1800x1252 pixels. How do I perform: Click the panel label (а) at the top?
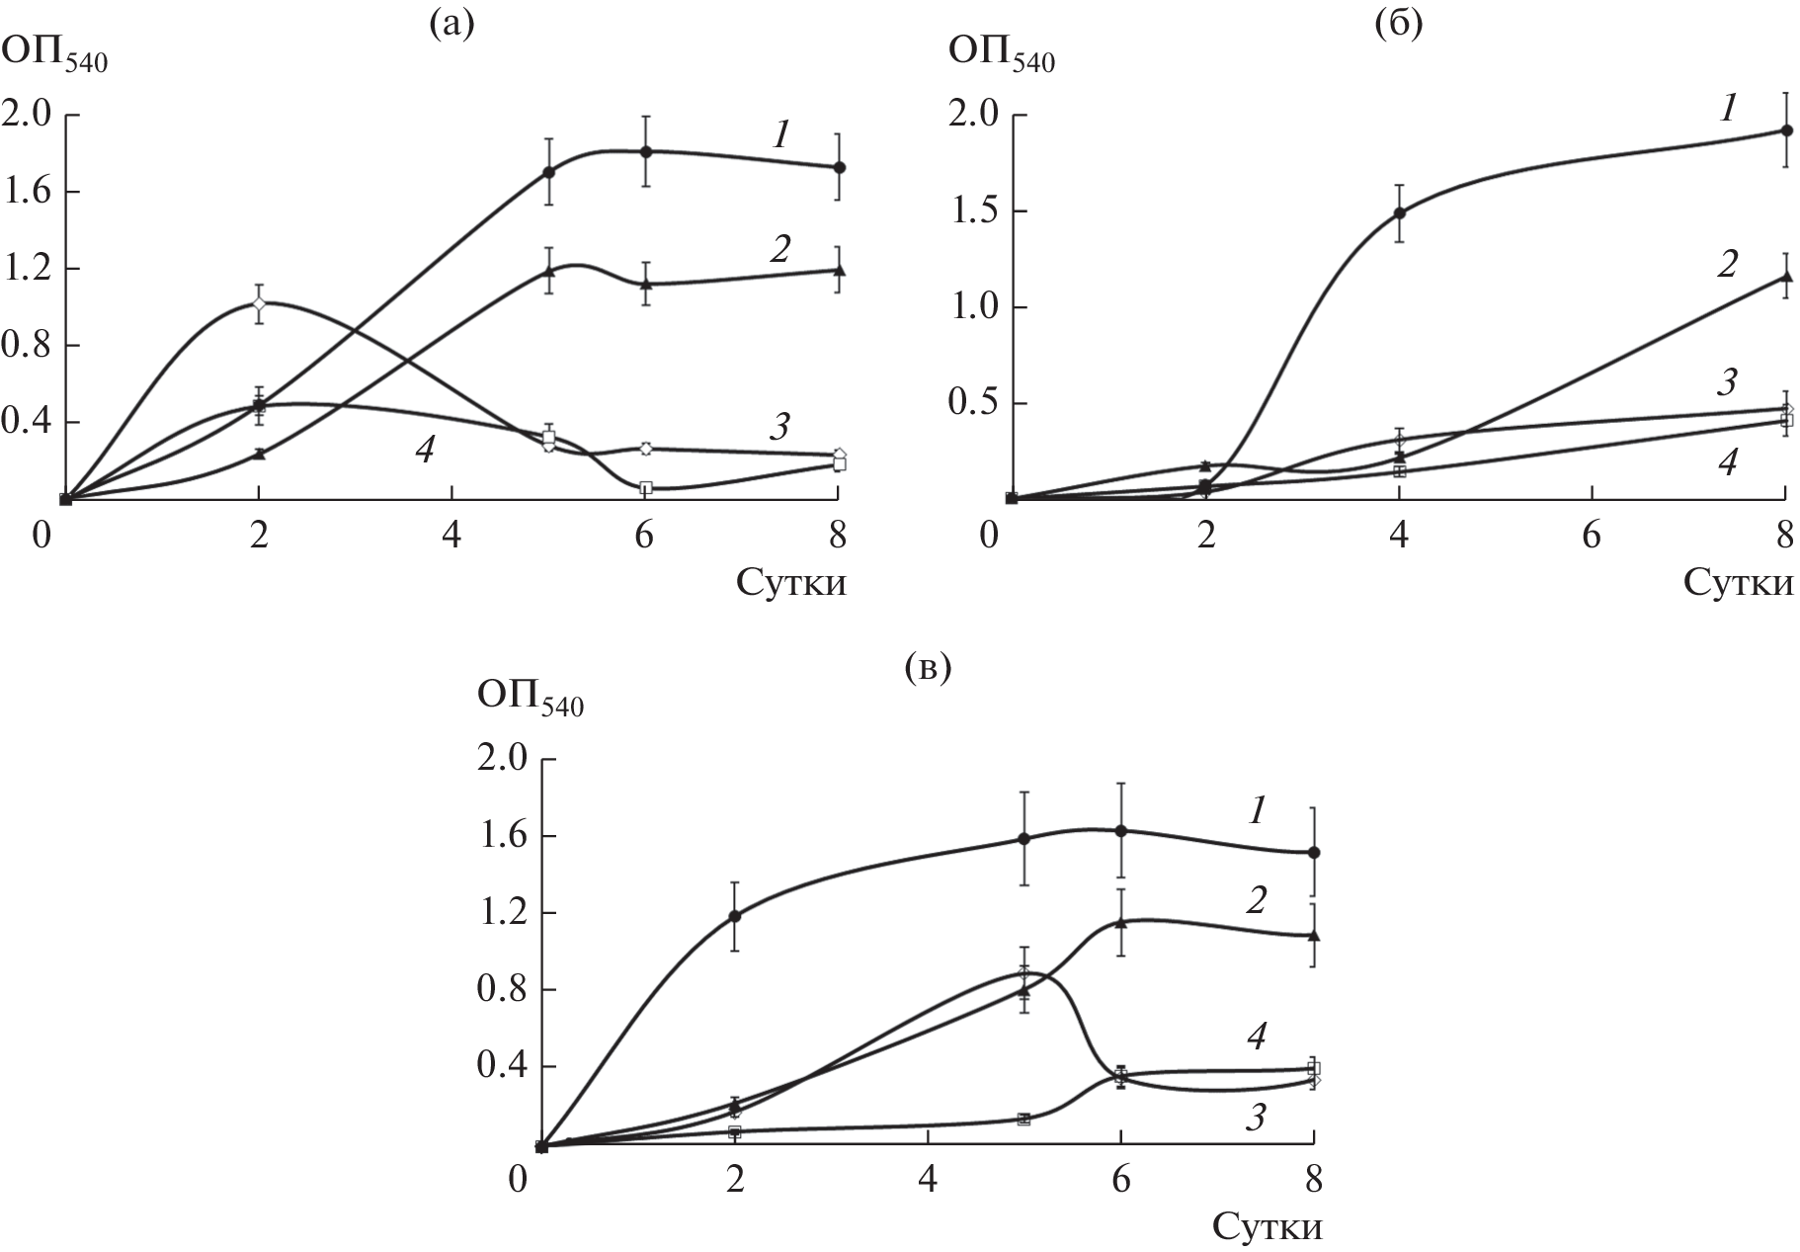(x=451, y=24)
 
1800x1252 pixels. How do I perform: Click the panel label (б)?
(x=1399, y=24)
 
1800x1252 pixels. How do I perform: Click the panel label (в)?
(x=927, y=669)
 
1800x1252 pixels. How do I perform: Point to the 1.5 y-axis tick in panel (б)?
(x=974, y=211)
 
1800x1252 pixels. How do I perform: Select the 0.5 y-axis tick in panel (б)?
(x=974, y=404)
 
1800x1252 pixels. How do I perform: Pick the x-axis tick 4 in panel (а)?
(x=451, y=536)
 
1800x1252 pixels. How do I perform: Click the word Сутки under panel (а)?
(x=791, y=583)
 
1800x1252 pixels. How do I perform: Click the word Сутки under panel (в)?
(x=1267, y=1227)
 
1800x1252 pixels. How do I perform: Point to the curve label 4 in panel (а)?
(x=424, y=451)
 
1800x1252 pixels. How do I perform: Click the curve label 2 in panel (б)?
(x=1727, y=265)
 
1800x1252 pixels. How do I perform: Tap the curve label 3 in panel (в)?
(x=1256, y=1118)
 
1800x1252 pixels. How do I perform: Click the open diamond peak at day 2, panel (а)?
(x=259, y=303)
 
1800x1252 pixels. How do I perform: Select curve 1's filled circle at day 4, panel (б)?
(x=1399, y=212)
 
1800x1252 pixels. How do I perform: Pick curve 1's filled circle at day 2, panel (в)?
(x=734, y=916)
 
